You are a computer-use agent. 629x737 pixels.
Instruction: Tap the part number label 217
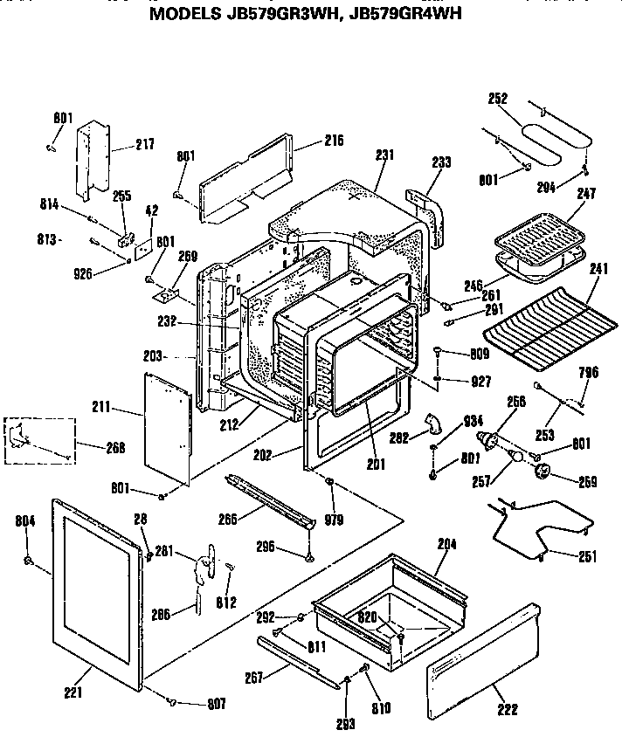click(x=144, y=145)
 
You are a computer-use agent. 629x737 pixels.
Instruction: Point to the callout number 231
click(x=385, y=155)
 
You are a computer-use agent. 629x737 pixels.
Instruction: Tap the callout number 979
click(x=333, y=520)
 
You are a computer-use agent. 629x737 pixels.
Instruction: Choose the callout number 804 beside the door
click(x=26, y=521)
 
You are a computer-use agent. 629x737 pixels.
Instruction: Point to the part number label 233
click(x=441, y=162)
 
